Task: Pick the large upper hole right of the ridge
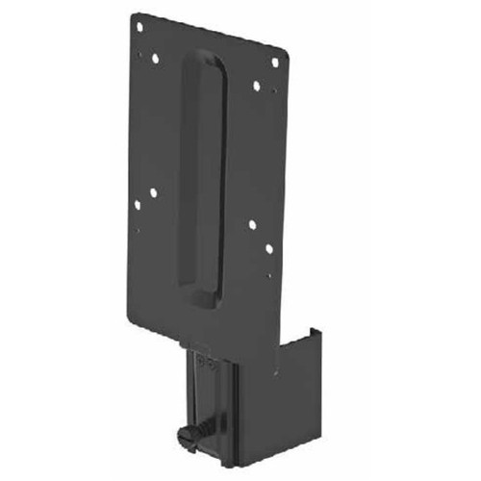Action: (256, 86)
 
